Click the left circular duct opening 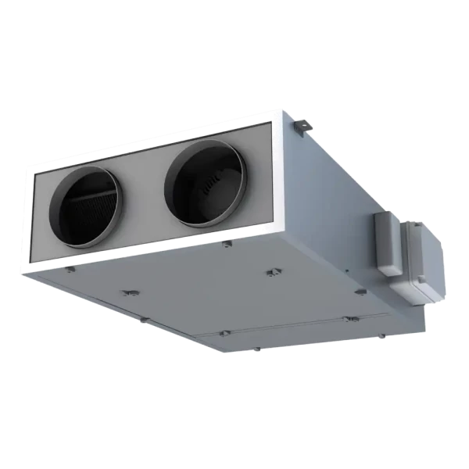[88, 207]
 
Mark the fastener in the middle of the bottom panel [273, 273]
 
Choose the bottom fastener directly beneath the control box [360, 292]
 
